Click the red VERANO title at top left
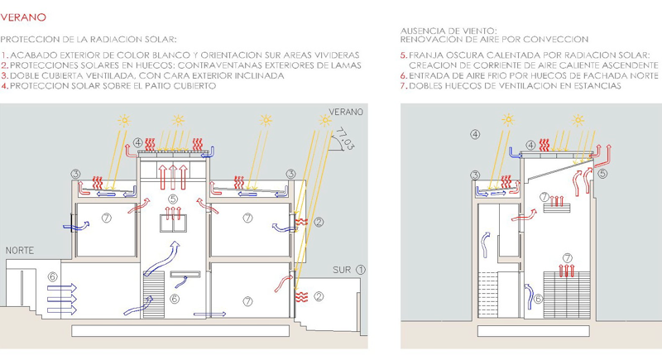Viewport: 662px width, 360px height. tap(23, 17)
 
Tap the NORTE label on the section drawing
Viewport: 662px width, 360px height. tap(19, 250)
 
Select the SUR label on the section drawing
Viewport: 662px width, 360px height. tap(342, 270)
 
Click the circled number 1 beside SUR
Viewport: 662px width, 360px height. tap(360, 270)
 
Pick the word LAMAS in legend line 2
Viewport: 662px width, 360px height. tap(346, 65)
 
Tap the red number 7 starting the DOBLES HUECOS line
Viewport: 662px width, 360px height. tap(403, 86)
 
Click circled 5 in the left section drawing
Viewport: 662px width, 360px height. tap(172, 199)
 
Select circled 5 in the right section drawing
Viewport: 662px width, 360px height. tap(602, 174)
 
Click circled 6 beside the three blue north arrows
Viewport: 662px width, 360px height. tap(52, 277)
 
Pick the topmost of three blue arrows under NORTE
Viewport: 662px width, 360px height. tap(62, 288)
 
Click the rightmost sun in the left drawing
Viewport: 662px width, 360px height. tap(325, 121)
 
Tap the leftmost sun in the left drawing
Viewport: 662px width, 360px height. tap(124, 121)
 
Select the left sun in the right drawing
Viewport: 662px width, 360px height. tap(508, 120)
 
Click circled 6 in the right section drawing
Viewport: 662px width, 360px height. tap(538, 299)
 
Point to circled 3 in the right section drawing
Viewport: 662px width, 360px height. tap(475, 175)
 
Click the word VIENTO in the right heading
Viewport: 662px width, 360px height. tap(479, 31)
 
